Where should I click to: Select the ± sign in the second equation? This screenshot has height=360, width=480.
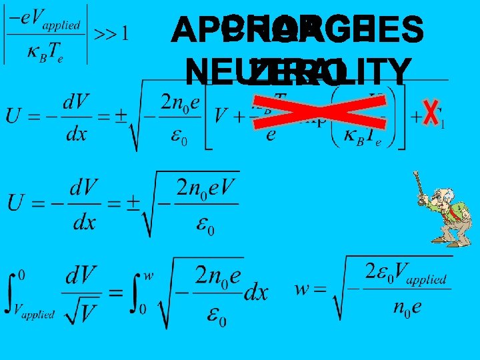pyautogui.click(x=132, y=201)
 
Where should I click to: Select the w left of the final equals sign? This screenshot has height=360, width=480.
pyautogui.click(x=303, y=289)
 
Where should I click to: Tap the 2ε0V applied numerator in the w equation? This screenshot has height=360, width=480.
pyautogui.click(x=406, y=273)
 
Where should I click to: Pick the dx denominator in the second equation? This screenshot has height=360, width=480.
pyautogui.click(x=84, y=221)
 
